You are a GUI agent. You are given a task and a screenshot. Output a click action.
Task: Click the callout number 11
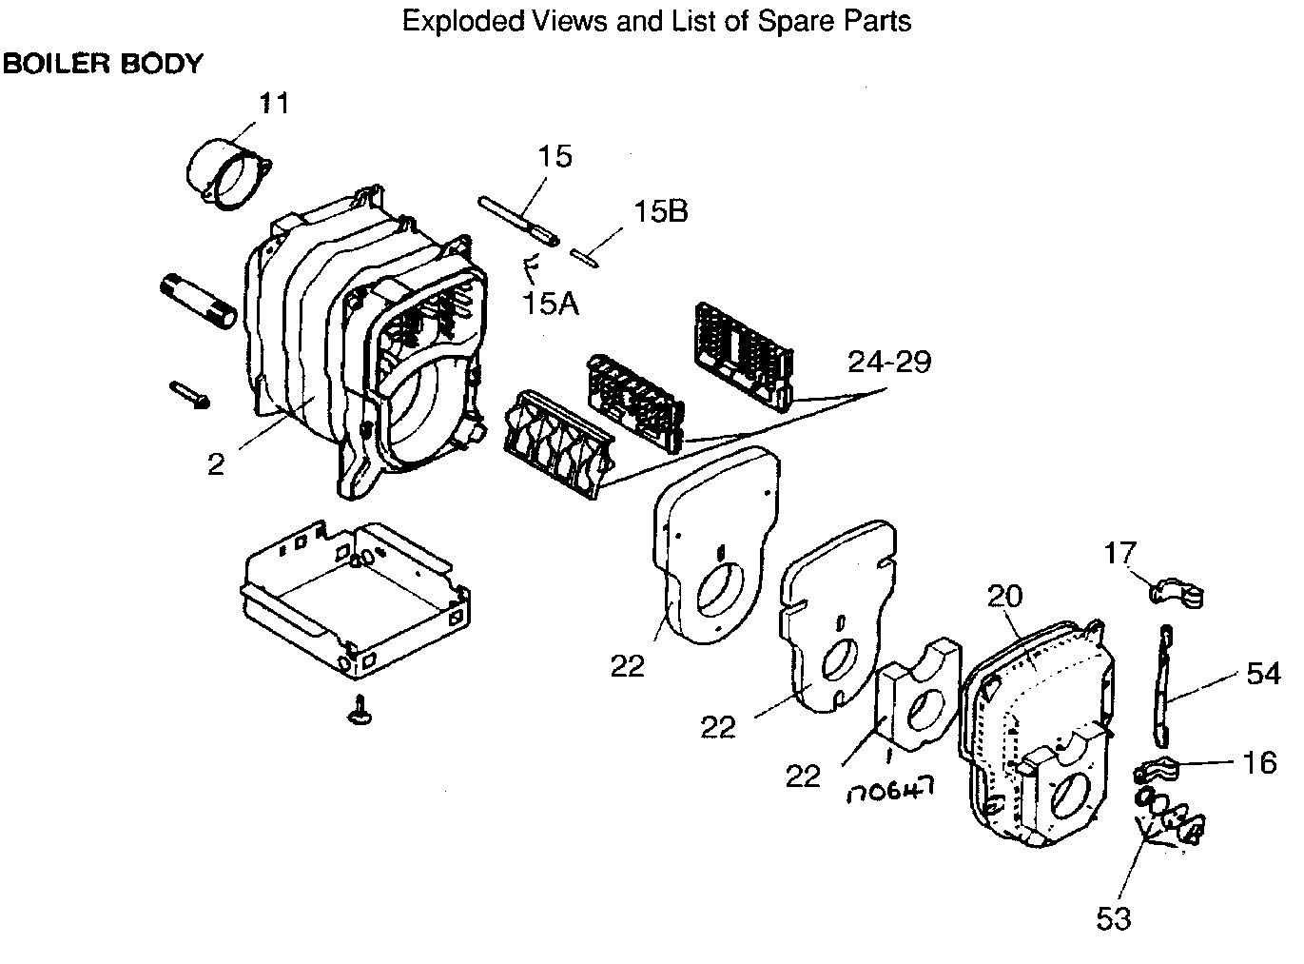tap(274, 104)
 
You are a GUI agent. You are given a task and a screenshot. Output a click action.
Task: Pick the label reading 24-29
tap(889, 362)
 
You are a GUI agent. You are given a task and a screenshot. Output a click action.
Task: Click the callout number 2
tap(217, 463)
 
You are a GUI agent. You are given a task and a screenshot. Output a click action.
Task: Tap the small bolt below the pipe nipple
tap(191, 396)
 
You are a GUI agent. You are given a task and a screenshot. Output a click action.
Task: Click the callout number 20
tap(1005, 597)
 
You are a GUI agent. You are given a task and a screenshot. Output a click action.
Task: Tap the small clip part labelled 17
tap(1177, 595)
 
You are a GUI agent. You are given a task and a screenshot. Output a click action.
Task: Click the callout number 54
tap(1263, 674)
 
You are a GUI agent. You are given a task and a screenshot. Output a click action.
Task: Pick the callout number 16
tap(1259, 762)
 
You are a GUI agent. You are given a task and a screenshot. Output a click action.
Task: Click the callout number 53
tap(1114, 918)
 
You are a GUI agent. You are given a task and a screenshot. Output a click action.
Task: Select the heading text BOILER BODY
tap(104, 64)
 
